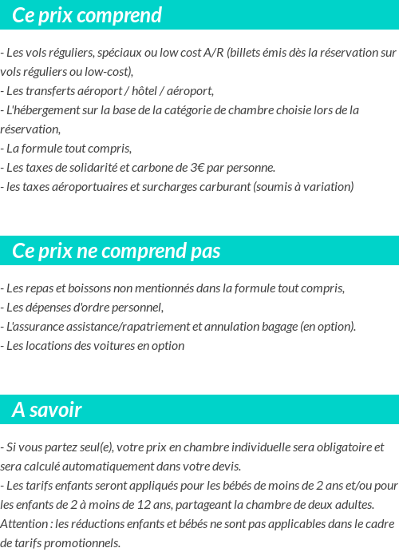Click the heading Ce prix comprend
(87, 15)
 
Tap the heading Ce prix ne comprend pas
(117, 251)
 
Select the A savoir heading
(47, 410)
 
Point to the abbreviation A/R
(213, 53)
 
